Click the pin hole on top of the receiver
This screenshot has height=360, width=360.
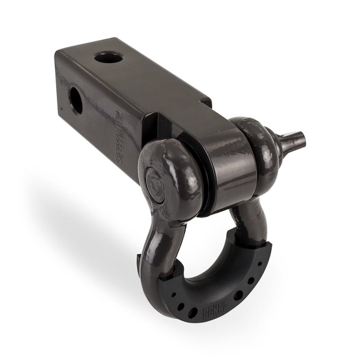[108, 58]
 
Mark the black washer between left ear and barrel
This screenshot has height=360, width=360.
[205, 180]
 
